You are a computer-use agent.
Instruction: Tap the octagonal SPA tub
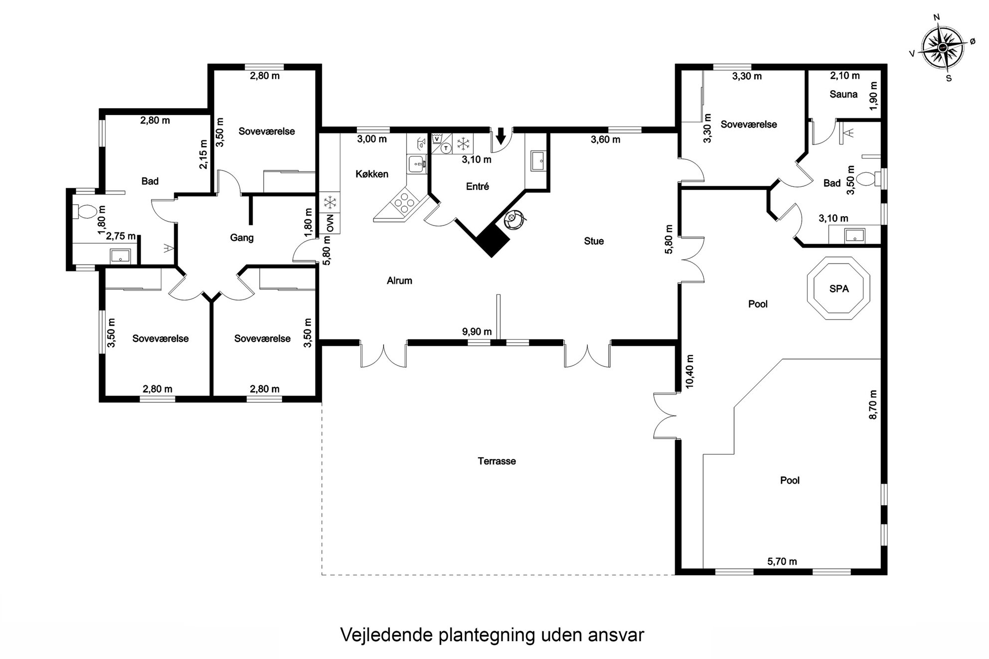point(839,288)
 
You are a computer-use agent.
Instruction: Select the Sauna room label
point(843,94)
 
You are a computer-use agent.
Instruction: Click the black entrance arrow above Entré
point(501,134)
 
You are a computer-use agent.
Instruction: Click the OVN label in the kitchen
point(330,223)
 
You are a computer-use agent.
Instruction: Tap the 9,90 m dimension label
point(477,332)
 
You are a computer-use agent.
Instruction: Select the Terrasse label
point(496,461)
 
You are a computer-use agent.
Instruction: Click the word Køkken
point(372,174)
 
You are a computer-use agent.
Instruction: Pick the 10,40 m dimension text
point(690,372)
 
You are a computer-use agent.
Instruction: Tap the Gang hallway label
point(242,238)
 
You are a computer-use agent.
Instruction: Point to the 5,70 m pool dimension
point(782,561)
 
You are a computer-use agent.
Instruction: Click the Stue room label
point(594,241)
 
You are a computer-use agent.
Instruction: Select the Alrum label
point(399,280)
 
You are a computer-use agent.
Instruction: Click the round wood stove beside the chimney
point(513,219)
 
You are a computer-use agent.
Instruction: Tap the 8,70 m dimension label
point(872,404)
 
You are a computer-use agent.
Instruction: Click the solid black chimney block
point(493,241)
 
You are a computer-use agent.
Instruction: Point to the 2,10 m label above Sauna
point(845,76)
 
